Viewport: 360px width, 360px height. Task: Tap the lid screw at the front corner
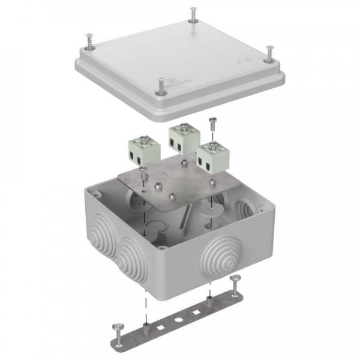coord(160,85)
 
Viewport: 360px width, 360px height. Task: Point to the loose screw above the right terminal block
coord(211,124)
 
